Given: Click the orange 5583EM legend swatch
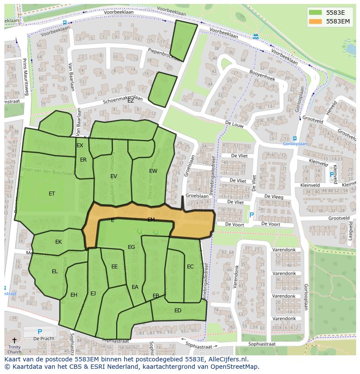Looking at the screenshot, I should [316, 21].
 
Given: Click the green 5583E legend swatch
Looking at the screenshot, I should [316, 13].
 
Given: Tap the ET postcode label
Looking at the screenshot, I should [52, 194].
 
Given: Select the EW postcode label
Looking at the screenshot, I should [153, 171].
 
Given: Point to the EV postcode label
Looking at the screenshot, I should [113, 176].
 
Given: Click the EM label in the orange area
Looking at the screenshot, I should [151, 220].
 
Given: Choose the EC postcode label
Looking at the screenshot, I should [190, 267].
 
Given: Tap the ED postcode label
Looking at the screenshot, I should [177, 311].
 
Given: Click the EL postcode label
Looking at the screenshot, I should [55, 271].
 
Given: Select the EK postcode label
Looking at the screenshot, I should [58, 242].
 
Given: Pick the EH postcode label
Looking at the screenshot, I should [74, 295].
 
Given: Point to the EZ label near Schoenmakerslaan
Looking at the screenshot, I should [130, 100].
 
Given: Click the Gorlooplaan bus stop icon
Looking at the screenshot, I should [295, 138].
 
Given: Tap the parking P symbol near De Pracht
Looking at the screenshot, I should [40, 331].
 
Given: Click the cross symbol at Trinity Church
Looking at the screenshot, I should [14, 341].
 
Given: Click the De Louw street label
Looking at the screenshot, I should [233, 124].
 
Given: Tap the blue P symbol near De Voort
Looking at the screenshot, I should [251, 215].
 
